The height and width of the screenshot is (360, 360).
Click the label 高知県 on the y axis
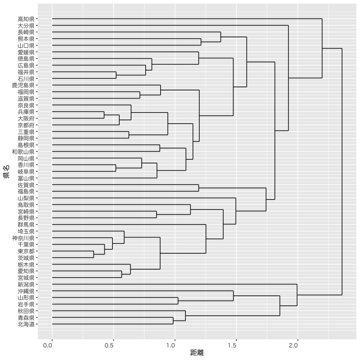pos(26,19)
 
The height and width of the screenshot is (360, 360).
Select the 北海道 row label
pos(26,324)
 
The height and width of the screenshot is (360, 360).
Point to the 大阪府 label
pos(26,118)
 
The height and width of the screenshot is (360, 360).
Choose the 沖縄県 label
pos(26,291)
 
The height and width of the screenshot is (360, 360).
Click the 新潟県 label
pos(26,284)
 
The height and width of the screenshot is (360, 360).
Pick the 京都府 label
pos(26,125)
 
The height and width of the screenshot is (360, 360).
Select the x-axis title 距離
pos(197,353)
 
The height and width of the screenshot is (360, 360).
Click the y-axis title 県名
pos(7,171)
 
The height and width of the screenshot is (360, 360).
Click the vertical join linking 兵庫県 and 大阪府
pos(104,115)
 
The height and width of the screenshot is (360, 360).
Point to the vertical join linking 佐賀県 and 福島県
pos(198,188)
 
